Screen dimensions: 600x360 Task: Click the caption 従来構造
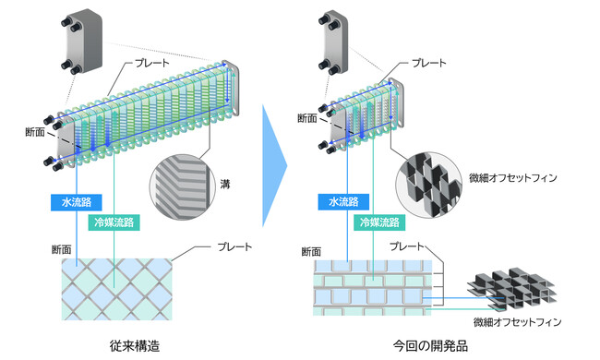[135, 346]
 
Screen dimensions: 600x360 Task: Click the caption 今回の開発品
[430, 346]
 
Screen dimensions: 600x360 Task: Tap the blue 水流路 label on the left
[76, 202]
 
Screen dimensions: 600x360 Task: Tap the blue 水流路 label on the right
[343, 202]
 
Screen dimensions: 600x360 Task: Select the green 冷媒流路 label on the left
[114, 222]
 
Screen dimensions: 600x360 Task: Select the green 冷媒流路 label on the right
[379, 222]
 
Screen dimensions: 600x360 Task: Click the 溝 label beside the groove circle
[225, 184]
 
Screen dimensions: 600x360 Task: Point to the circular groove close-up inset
[180, 187]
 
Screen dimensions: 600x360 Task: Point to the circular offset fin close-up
[428, 185]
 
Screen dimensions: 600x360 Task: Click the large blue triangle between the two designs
[274, 165]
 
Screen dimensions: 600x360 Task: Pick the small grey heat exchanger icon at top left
[81, 42]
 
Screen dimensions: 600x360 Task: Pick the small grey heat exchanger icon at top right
[333, 42]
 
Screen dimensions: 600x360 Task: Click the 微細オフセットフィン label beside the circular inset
[512, 178]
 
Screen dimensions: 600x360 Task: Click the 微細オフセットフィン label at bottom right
[517, 322]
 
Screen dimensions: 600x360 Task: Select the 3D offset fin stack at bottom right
[511, 288]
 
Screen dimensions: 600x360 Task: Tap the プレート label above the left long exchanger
[152, 63]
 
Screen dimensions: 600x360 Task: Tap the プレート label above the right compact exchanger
[428, 63]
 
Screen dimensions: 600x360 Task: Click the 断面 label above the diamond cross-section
[62, 250]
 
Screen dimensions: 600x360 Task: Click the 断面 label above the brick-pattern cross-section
[311, 252]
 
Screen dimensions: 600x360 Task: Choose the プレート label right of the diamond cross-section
[234, 246]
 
